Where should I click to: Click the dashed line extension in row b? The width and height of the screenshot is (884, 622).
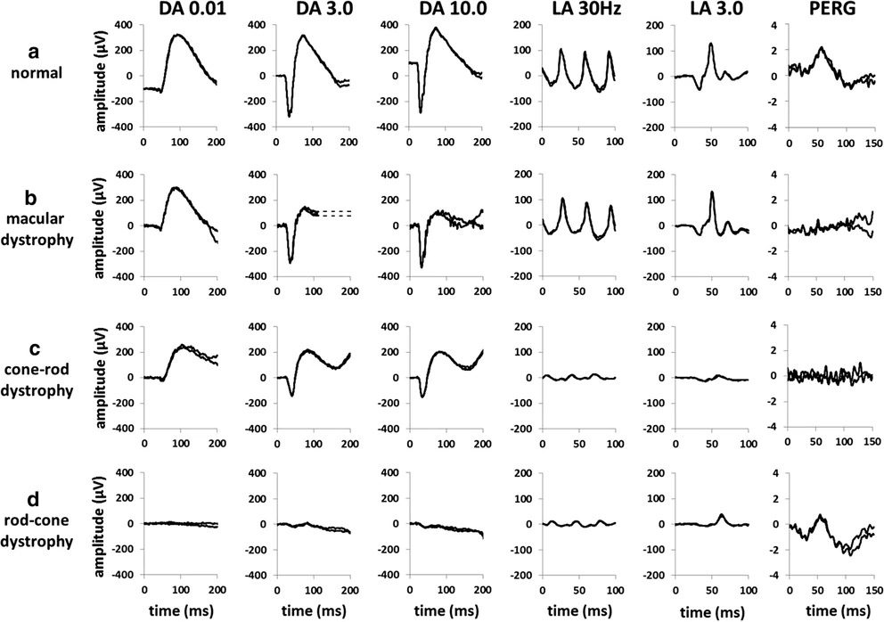(x=338, y=213)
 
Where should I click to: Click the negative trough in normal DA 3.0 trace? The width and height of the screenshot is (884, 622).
(x=290, y=115)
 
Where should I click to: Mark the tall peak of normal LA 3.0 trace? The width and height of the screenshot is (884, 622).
(x=711, y=44)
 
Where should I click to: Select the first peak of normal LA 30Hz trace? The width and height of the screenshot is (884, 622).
(x=561, y=50)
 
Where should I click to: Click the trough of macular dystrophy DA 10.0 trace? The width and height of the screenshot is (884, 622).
(x=422, y=266)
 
